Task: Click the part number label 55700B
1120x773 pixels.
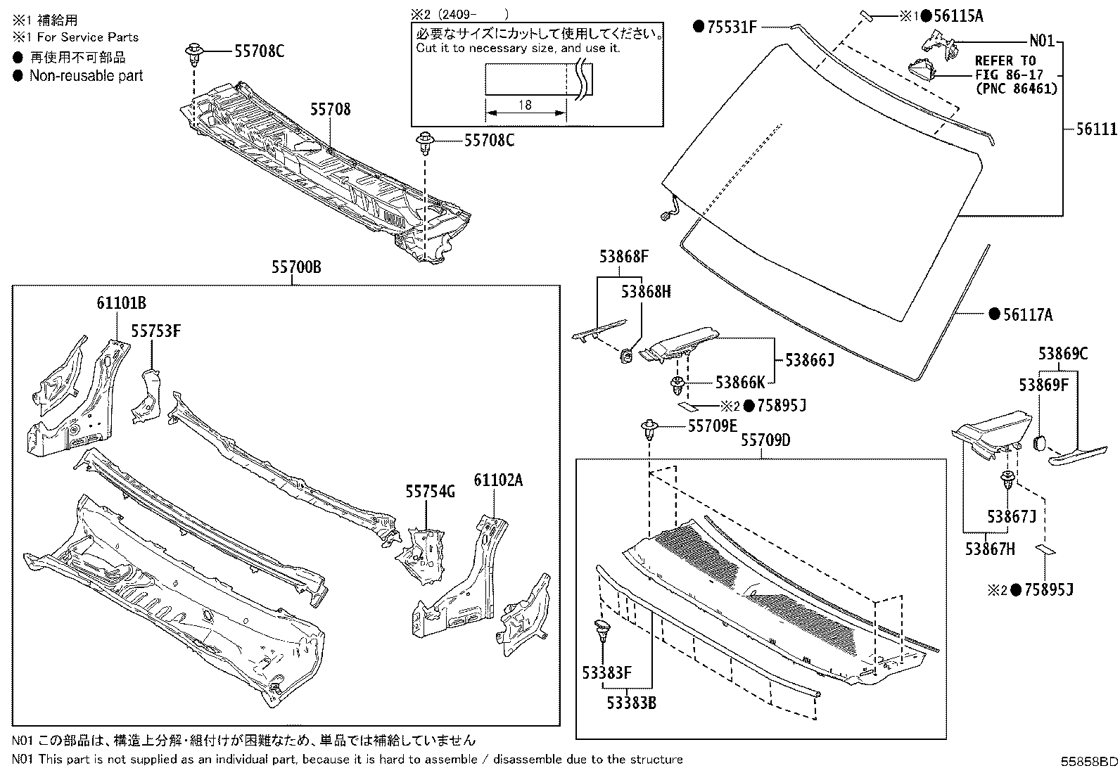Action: click(296, 268)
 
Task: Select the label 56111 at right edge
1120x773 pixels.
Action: click(1096, 129)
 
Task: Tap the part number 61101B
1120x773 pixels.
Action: click(121, 303)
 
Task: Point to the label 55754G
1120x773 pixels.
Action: click(430, 492)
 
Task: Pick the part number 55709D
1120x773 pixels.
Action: click(765, 440)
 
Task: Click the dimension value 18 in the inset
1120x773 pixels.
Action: click(525, 105)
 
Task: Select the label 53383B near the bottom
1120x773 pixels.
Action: click(632, 702)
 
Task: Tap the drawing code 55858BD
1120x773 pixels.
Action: click(1089, 762)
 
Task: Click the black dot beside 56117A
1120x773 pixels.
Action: click(994, 314)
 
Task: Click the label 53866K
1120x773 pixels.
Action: click(740, 383)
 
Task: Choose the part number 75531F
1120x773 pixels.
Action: click(731, 27)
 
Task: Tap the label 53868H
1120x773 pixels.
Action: click(646, 291)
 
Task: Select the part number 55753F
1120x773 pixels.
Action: click(156, 331)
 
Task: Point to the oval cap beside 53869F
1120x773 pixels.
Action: click(1041, 443)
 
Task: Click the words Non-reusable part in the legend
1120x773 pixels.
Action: click(86, 76)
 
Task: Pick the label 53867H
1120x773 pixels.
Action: click(990, 549)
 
